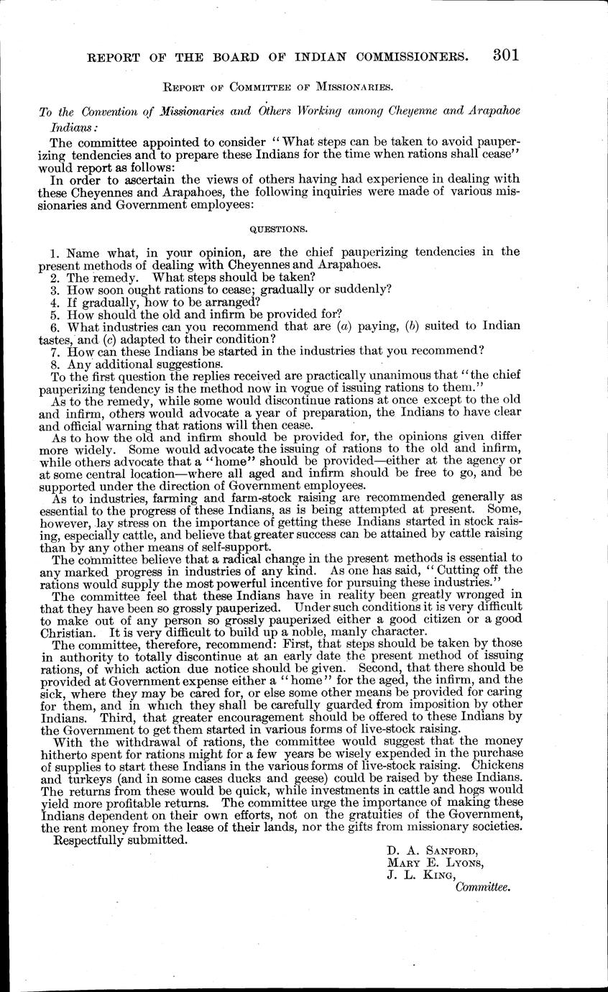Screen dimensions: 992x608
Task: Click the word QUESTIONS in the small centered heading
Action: click(278, 229)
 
